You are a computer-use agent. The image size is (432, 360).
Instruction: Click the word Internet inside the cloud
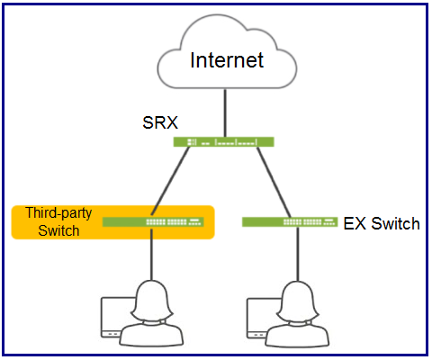(227, 60)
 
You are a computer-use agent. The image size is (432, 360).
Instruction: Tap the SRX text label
(160, 122)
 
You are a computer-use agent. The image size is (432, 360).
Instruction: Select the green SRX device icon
(224, 142)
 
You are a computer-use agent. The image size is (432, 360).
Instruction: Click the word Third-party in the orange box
(58, 213)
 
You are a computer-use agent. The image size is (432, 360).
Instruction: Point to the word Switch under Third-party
(58, 230)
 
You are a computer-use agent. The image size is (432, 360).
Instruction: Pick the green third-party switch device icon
(153, 222)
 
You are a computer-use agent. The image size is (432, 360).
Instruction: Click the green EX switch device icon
(290, 222)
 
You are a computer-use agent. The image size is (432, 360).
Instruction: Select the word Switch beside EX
(395, 224)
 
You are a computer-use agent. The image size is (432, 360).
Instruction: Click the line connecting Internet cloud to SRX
(225, 112)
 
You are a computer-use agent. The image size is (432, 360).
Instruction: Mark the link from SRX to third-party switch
(170, 181)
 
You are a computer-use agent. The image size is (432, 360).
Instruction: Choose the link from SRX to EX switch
(274, 182)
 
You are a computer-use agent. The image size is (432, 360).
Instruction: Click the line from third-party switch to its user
(151, 254)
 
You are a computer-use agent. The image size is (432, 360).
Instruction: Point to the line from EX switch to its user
(298, 254)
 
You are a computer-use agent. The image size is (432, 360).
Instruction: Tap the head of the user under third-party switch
(152, 301)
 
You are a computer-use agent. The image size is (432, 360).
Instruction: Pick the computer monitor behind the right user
(262, 318)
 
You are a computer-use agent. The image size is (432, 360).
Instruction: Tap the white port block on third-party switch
(174, 222)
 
